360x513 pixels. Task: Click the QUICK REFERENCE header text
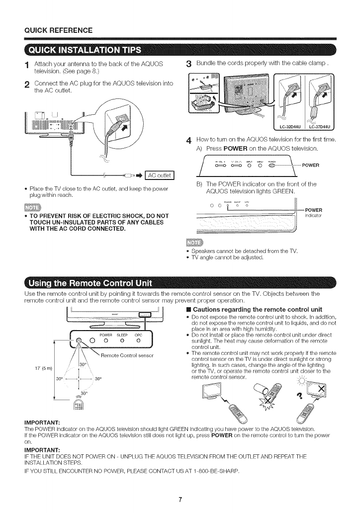tap(53, 29)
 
